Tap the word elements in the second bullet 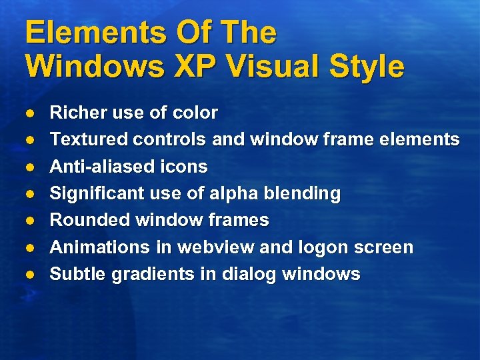coord(422,139)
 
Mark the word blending coord(305,194)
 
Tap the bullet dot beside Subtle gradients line coord(30,275)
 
